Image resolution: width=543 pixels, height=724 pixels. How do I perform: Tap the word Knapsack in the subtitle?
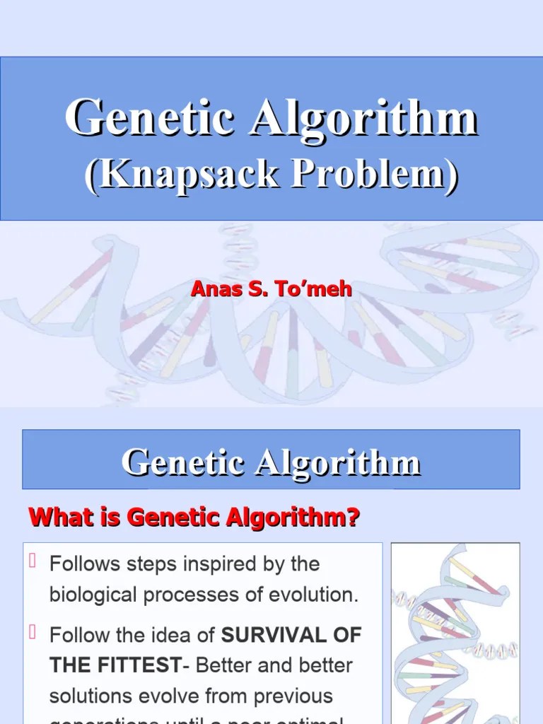tap(187, 173)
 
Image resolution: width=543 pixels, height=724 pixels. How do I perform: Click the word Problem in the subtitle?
tap(367, 173)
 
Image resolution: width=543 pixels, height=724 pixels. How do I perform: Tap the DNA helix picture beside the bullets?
tap(455, 633)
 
